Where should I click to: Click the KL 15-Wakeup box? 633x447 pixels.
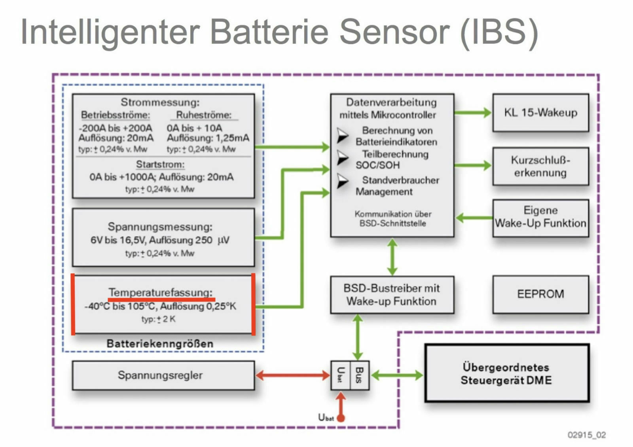tap(540, 112)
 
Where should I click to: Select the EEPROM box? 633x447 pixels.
tap(540, 294)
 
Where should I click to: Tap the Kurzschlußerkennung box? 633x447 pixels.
tap(540, 166)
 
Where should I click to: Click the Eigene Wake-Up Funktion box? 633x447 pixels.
tap(540, 218)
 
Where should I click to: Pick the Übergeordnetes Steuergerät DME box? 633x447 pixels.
tap(507, 373)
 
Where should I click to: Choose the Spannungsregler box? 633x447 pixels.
tap(163, 375)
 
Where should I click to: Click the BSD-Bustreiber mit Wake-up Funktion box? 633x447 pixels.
tap(392, 295)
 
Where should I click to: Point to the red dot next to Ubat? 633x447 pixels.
tap(341, 418)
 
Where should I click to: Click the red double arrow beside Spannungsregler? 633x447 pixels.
tap(293, 375)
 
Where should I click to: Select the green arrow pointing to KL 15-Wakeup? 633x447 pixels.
tap(473, 113)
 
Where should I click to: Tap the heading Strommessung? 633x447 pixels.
tap(160, 102)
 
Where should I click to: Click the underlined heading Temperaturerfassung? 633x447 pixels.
tap(161, 292)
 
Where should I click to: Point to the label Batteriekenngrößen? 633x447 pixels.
tap(160, 343)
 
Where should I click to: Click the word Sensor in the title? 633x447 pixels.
tap(394, 32)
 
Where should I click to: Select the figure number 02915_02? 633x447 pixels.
tap(586, 435)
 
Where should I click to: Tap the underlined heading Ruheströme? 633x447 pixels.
tap(204, 115)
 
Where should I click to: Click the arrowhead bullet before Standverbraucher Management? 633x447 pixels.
tap(342, 181)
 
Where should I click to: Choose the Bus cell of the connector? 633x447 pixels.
tap(359, 375)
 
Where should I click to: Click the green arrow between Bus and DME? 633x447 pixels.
tap(397, 375)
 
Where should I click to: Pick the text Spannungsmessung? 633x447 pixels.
tap(160, 227)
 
